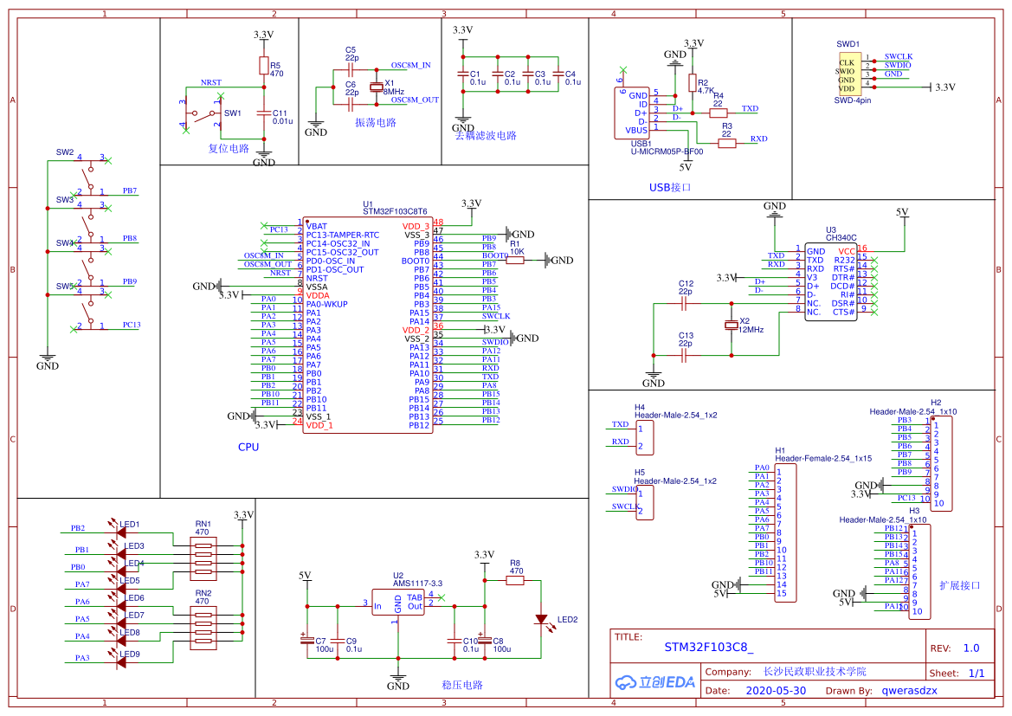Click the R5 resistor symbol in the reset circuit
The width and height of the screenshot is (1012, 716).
point(264,65)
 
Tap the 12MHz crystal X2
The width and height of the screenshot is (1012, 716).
point(732,325)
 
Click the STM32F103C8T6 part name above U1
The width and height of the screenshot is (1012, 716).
point(395,211)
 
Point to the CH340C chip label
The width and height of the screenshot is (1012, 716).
point(841,237)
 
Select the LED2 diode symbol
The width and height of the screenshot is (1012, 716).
point(542,619)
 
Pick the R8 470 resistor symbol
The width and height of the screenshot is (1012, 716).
point(515,581)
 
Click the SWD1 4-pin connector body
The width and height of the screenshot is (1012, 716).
point(847,75)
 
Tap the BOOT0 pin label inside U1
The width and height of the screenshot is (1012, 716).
point(416,261)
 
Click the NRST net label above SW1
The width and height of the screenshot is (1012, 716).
point(210,82)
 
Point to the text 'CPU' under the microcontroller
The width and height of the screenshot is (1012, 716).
point(248,448)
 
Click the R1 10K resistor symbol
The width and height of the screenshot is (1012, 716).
point(515,260)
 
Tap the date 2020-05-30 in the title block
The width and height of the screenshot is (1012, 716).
point(776,690)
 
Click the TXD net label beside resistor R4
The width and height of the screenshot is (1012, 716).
point(750,109)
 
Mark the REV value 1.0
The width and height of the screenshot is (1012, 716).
point(970,648)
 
